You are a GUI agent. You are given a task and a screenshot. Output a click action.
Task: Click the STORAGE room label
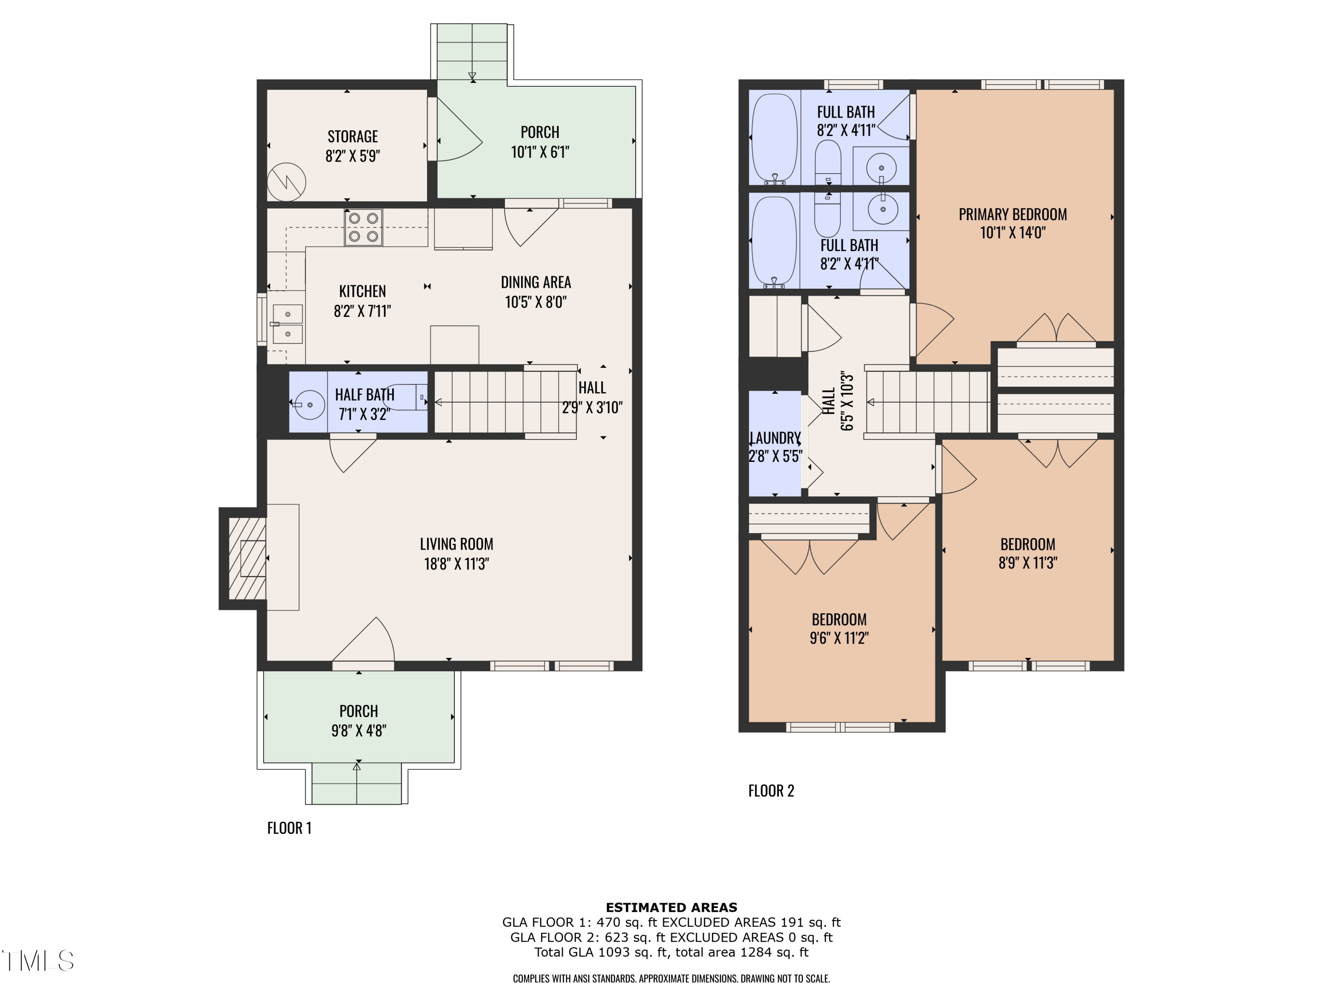(352, 137)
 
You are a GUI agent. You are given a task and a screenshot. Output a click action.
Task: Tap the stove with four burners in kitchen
(363, 228)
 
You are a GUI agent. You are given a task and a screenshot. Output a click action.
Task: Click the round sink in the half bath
(310, 404)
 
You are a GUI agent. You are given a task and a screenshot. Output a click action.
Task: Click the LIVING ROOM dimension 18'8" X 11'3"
(456, 564)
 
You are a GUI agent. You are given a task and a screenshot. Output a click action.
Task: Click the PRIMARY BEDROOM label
(1012, 214)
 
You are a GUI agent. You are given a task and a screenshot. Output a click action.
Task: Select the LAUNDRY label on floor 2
(775, 438)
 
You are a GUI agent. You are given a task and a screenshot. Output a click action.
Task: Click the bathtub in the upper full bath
(774, 138)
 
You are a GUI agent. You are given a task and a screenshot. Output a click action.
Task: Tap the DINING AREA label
(535, 282)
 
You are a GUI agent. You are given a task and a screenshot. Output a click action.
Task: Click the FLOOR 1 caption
(289, 828)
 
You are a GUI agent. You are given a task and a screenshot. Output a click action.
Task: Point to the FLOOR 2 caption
(770, 790)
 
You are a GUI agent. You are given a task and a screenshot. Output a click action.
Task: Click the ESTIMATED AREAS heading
(671, 908)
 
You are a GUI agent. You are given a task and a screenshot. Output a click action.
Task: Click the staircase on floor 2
(927, 402)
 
